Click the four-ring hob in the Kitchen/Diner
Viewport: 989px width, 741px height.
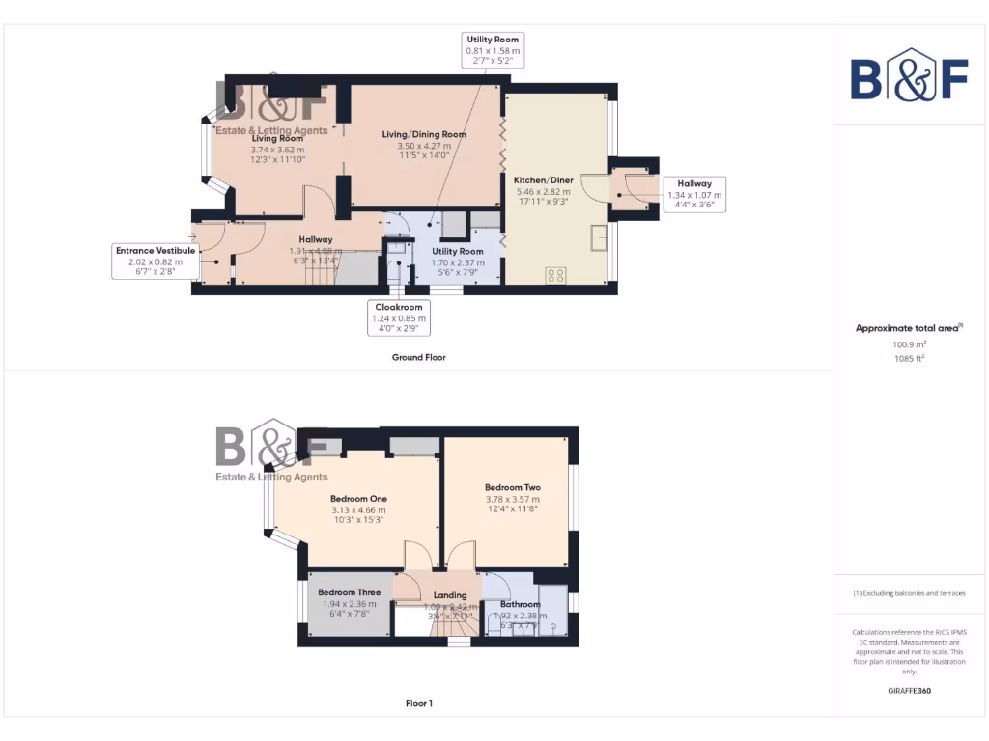(x=556, y=275)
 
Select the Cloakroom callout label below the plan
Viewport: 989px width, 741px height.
(x=399, y=317)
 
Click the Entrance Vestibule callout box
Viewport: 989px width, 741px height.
(x=155, y=261)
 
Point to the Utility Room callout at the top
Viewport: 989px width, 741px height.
(x=494, y=49)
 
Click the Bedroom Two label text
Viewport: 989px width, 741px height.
(x=512, y=488)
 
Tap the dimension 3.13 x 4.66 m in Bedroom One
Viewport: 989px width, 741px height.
(x=357, y=510)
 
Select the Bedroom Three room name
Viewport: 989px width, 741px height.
(x=349, y=592)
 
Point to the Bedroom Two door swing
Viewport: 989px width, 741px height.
(x=462, y=557)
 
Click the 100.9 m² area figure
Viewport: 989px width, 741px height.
(x=908, y=343)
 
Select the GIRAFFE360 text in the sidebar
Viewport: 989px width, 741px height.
(x=908, y=691)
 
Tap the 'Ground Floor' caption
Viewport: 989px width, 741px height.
(x=418, y=357)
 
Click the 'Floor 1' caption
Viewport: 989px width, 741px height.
(x=418, y=703)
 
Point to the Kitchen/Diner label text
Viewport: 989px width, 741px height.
(x=544, y=180)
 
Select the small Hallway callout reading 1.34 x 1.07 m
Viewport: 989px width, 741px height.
(x=694, y=194)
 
